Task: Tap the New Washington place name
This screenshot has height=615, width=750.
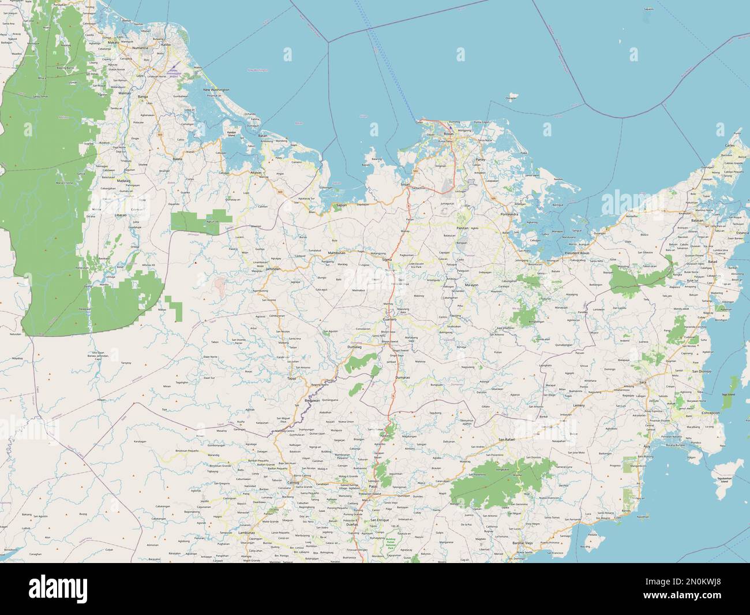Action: [x=216, y=90]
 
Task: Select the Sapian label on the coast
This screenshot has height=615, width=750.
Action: [x=337, y=204]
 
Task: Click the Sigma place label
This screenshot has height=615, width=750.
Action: [x=387, y=260]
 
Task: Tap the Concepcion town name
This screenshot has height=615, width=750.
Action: [x=710, y=413]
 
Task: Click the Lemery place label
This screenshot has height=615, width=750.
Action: [x=579, y=405]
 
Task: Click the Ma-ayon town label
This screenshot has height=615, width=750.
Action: [x=471, y=285]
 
